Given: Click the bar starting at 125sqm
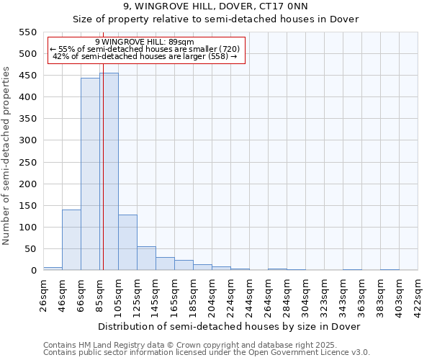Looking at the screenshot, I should (146, 258).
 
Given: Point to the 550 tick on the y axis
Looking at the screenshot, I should (27, 32).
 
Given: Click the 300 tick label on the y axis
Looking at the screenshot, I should (27, 140).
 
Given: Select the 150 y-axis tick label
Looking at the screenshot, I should (27, 206).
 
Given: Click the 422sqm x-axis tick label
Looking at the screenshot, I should (418, 295).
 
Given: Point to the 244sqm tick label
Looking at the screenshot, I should (250, 295).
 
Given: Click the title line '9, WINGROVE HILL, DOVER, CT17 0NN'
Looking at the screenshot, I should (216, 6).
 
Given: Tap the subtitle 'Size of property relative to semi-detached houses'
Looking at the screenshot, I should (216, 19).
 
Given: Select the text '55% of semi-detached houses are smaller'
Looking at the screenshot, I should (144, 49).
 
